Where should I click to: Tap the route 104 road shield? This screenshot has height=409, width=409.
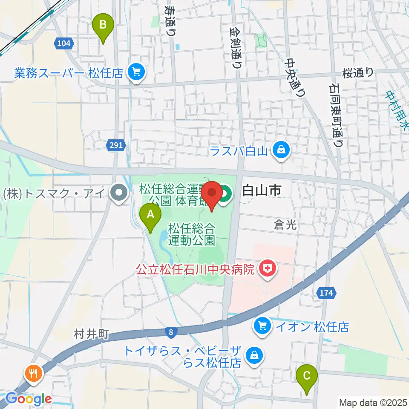(64, 43)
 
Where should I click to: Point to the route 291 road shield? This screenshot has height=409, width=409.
(115, 145)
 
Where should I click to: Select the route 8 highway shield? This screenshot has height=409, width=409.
(170, 331)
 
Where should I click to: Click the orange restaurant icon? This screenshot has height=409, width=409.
(33, 373)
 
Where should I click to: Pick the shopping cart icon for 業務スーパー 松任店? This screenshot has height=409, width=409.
(136, 73)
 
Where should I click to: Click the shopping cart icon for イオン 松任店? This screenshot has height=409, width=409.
(261, 327)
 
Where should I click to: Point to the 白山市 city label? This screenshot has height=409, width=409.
(261, 191)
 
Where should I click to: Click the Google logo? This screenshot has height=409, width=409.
(29, 399)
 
